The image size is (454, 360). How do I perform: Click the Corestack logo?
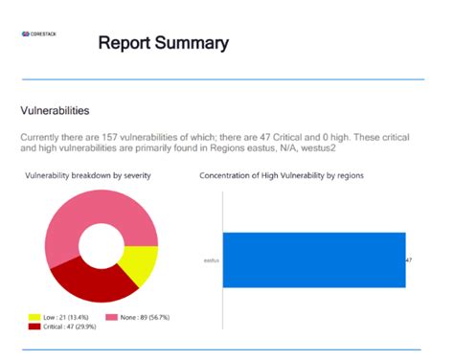click(x=40, y=34)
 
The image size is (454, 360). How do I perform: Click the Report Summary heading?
click(x=164, y=43)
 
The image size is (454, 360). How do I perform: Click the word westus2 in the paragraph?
click(x=323, y=150)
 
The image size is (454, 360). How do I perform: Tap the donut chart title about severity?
click(x=88, y=176)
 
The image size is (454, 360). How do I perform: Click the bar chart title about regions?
click(x=281, y=176)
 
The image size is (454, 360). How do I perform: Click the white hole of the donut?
click(x=101, y=247)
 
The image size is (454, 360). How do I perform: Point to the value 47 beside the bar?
click(x=409, y=260)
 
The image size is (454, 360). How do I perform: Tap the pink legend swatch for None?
click(x=110, y=317)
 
